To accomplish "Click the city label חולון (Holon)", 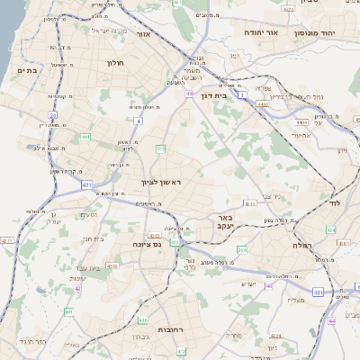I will (114, 64).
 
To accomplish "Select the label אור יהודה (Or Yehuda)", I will (262, 32).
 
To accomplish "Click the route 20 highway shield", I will (53, 115).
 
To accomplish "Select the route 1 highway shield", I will (242, 93).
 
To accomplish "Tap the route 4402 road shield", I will (263, 105).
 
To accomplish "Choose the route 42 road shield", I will (7, 242).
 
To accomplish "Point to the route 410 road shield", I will (144, 319).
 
